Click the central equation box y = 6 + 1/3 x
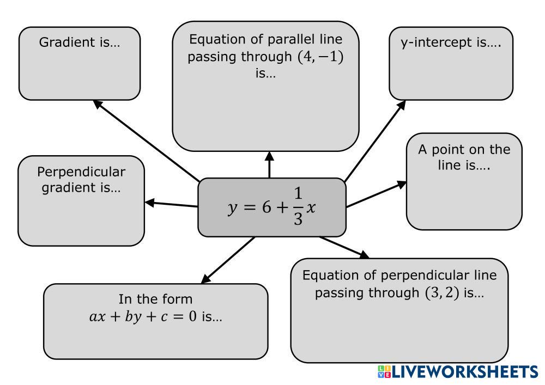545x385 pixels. point(271,207)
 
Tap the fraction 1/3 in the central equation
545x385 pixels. point(298,207)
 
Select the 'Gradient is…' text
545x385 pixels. point(79,42)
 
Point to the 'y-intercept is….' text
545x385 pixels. point(450,42)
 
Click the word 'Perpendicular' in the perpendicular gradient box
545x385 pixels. point(81,172)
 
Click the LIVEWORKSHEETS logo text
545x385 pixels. point(465,372)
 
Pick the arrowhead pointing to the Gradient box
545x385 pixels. point(97,103)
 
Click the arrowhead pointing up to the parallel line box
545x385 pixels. point(269,156)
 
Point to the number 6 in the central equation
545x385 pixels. point(267,208)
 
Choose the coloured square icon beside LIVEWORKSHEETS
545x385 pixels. point(384,372)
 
